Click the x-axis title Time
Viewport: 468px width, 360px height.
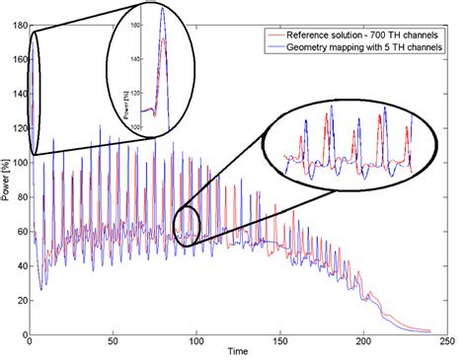coord(237,352)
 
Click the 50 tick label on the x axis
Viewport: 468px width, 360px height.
coord(114,342)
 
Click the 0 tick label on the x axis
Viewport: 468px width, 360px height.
coord(31,342)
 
